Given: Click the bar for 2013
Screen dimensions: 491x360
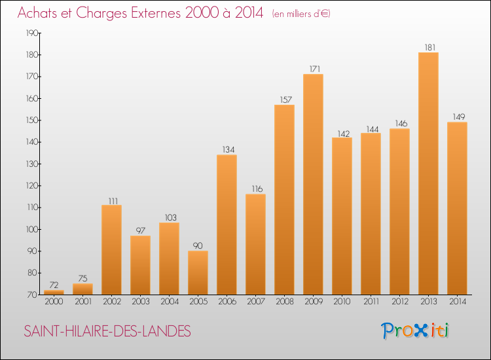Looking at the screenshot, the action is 428,173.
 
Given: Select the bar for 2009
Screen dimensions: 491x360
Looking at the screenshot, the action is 313,185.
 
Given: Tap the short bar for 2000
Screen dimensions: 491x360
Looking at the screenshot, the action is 54,293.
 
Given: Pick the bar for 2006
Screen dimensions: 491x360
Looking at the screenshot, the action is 227,225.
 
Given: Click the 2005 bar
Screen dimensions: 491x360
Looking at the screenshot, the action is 198,273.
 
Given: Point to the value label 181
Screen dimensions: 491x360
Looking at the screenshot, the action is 430,48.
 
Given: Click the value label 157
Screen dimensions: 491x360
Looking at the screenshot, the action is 286,100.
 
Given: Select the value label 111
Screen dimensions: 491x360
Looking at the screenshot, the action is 113,201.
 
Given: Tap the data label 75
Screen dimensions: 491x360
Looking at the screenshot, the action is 82,278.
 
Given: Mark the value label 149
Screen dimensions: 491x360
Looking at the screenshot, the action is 459,117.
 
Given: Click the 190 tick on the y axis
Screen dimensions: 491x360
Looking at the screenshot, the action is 32,33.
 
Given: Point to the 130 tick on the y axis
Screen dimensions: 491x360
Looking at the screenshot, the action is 32,164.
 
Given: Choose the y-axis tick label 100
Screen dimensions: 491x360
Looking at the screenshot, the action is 32,230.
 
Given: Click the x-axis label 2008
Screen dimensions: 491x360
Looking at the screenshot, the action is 285,302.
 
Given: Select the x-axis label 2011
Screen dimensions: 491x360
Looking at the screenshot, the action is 371,302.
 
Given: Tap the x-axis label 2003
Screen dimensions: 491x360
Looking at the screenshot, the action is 141,302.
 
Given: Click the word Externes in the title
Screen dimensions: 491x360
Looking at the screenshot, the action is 156,13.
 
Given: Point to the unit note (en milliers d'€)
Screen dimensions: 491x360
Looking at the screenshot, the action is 301,14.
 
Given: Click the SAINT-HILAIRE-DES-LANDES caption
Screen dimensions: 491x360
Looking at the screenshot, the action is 107,331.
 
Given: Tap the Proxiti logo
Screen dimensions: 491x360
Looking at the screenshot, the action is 415,331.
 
